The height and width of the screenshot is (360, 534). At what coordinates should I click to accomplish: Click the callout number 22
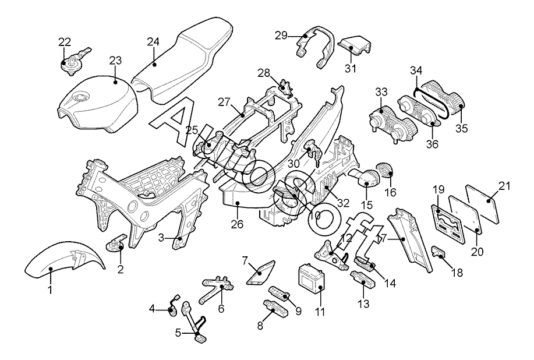tap(64, 41)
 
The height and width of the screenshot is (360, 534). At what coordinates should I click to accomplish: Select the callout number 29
tap(281, 35)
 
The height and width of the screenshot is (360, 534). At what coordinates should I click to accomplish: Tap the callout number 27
tap(225, 101)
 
